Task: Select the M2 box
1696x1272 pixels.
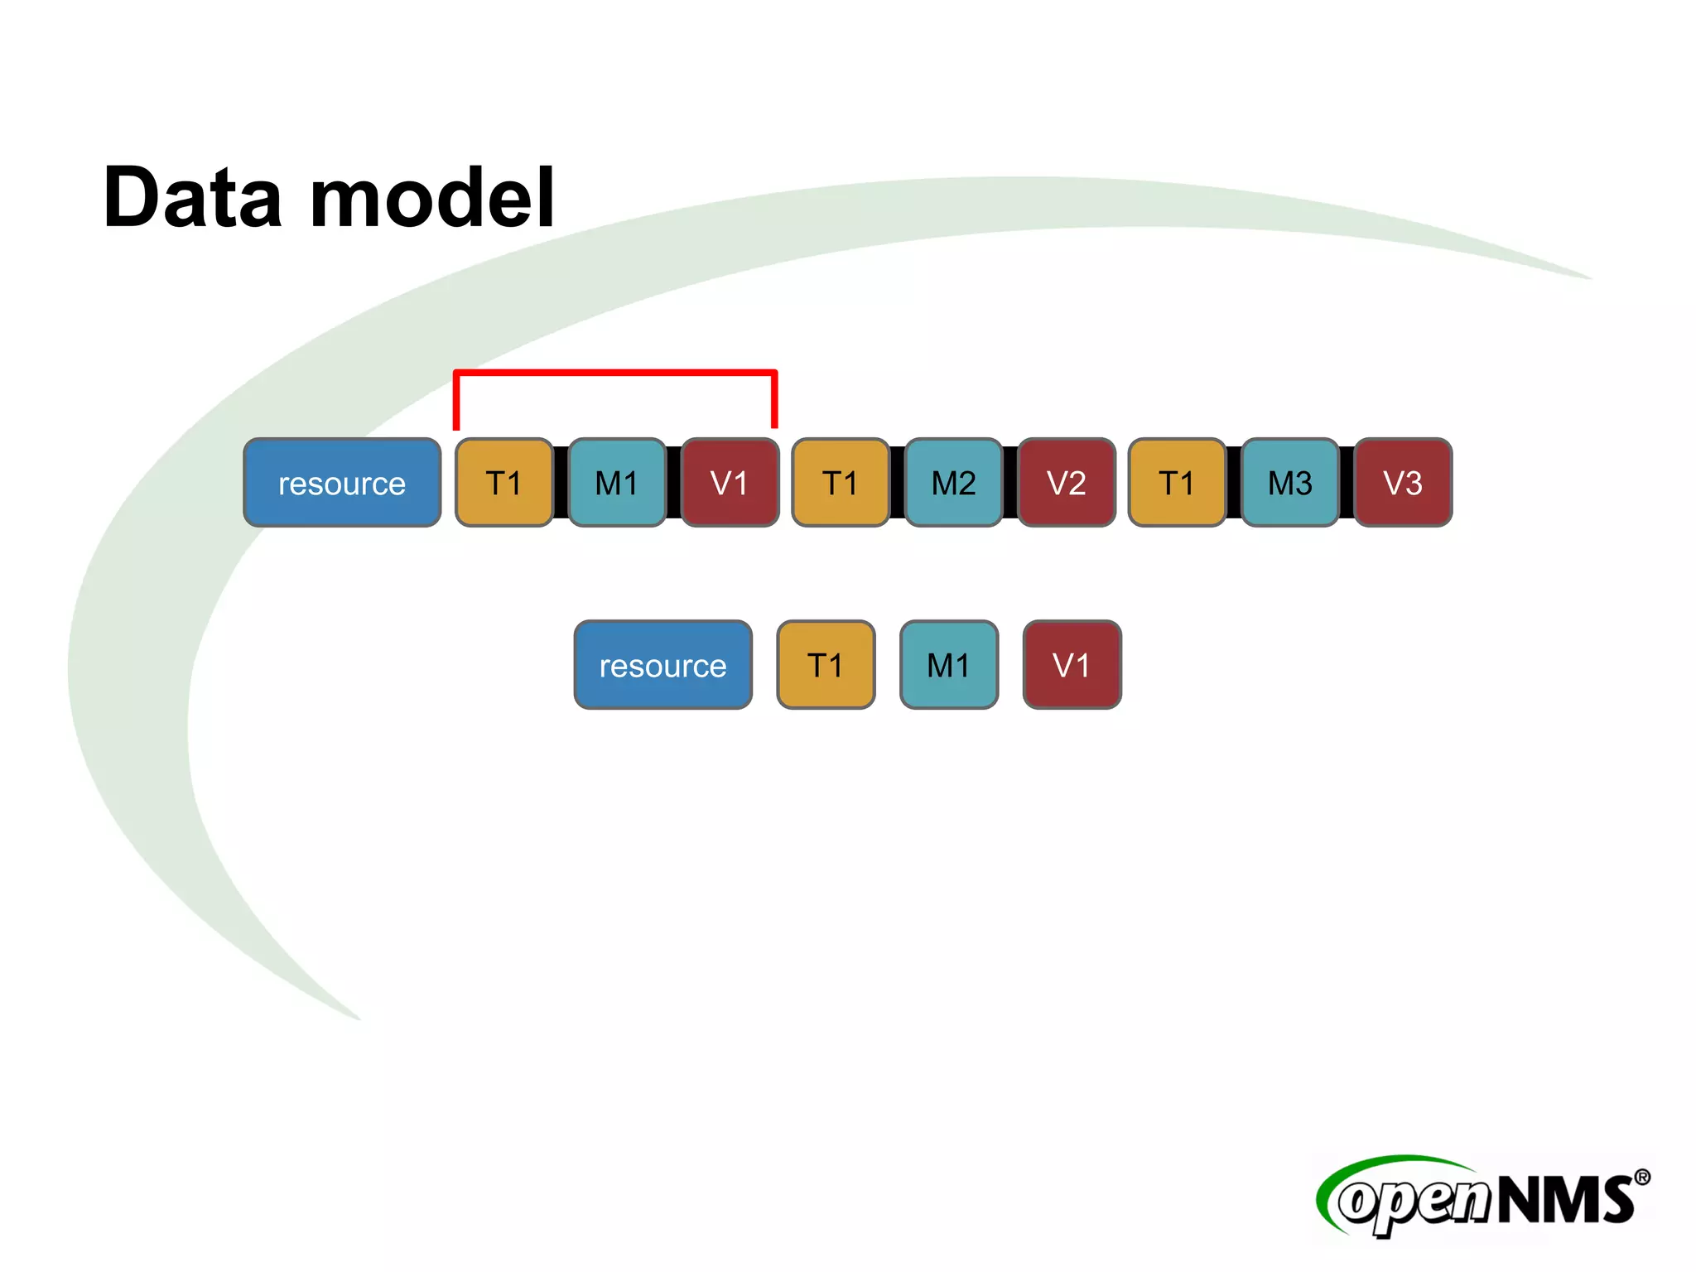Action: pyautogui.click(x=953, y=483)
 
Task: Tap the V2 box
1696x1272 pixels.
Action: pyautogui.click(x=1066, y=483)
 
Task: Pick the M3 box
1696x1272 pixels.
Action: pyautogui.click(x=1289, y=483)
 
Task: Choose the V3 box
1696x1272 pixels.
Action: pyautogui.click(x=1403, y=483)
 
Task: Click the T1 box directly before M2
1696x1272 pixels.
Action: pyautogui.click(x=841, y=483)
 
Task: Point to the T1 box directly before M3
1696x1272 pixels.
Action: pyautogui.click(x=1177, y=483)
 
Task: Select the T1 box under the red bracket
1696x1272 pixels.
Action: pyautogui.click(x=503, y=483)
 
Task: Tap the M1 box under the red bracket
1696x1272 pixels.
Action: pyautogui.click(x=617, y=483)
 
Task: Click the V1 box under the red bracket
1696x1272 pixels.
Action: pyautogui.click(x=730, y=483)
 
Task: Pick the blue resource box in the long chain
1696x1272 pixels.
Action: pyautogui.click(x=342, y=483)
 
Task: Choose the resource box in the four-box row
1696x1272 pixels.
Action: pyautogui.click(x=662, y=665)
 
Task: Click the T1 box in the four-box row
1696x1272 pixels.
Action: pyautogui.click(x=826, y=665)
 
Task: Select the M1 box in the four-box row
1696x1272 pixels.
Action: pyautogui.click(x=949, y=665)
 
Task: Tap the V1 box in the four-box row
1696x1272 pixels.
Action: pyautogui.click(x=1072, y=665)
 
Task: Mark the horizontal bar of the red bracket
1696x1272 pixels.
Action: pyautogui.click(x=615, y=373)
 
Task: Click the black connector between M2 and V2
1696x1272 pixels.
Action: pyautogui.click(x=1010, y=483)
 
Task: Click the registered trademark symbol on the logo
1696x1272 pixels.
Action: pyautogui.click(x=1641, y=1178)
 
